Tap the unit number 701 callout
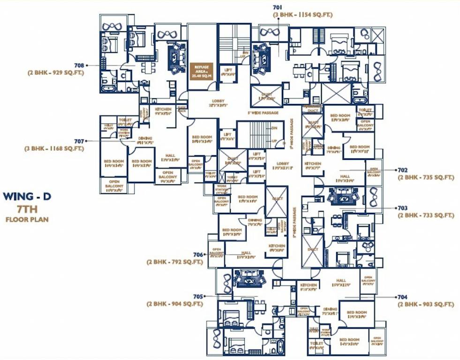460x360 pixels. tap(278, 7)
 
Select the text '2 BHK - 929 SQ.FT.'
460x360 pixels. tap(56, 73)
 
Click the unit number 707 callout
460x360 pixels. tap(78, 141)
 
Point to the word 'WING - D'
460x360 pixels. tap(27, 196)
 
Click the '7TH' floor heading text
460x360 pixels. tap(27, 209)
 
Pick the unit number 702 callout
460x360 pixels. tap(402, 170)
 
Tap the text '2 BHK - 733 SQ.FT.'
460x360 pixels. tap(426, 216)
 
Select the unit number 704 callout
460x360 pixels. tap(402, 297)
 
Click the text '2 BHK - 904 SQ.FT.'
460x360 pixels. tap(174, 304)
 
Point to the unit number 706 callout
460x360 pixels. tap(198, 255)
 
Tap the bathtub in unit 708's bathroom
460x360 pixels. tap(108, 87)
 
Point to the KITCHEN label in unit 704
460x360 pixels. tap(309, 286)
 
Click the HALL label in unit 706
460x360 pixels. tap(246, 255)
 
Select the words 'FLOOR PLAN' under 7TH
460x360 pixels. tap(27, 219)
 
